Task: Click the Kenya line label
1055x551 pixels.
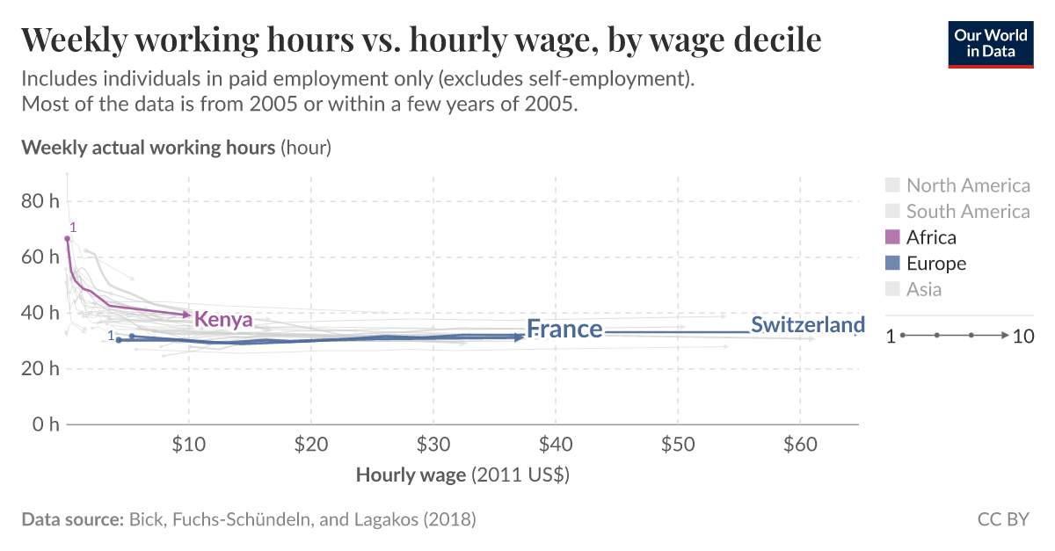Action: point(223,319)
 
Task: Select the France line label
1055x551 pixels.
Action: point(564,330)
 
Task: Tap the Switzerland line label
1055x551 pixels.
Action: point(807,324)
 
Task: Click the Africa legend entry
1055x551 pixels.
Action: point(931,237)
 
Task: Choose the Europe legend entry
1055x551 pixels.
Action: point(936,264)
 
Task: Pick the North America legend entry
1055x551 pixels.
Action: point(967,185)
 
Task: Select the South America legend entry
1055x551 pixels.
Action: point(967,212)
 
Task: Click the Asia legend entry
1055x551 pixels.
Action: point(923,290)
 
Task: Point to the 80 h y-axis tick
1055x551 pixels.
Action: point(40,201)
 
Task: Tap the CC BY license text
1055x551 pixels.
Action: point(1003,519)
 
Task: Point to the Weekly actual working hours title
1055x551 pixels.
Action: point(148,147)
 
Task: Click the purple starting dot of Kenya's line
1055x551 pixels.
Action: point(67,239)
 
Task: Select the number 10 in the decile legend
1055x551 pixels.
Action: point(1023,336)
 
